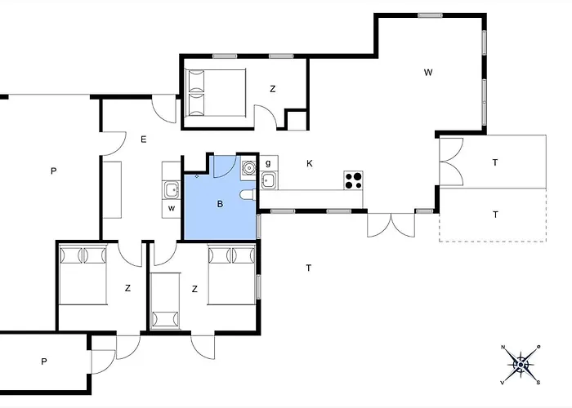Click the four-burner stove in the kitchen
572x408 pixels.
tap(353, 180)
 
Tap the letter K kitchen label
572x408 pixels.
tap(310, 164)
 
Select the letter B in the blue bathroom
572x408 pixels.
tap(219, 204)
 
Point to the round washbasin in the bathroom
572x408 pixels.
tap(248, 170)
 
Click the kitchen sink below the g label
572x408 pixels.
tap(269, 180)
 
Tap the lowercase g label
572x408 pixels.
tap(267, 163)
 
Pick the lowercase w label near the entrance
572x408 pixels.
tap(172, 208)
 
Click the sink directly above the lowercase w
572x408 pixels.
tap(171, 191)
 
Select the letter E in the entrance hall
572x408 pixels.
tap(143, 140)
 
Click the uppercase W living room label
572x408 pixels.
tap(427, 73)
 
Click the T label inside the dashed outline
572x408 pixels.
tap(495, 215)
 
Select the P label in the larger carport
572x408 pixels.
tap(53, 171)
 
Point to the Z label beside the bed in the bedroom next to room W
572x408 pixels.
tap(273, 89)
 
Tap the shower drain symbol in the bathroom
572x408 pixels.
tap(197, 175)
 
